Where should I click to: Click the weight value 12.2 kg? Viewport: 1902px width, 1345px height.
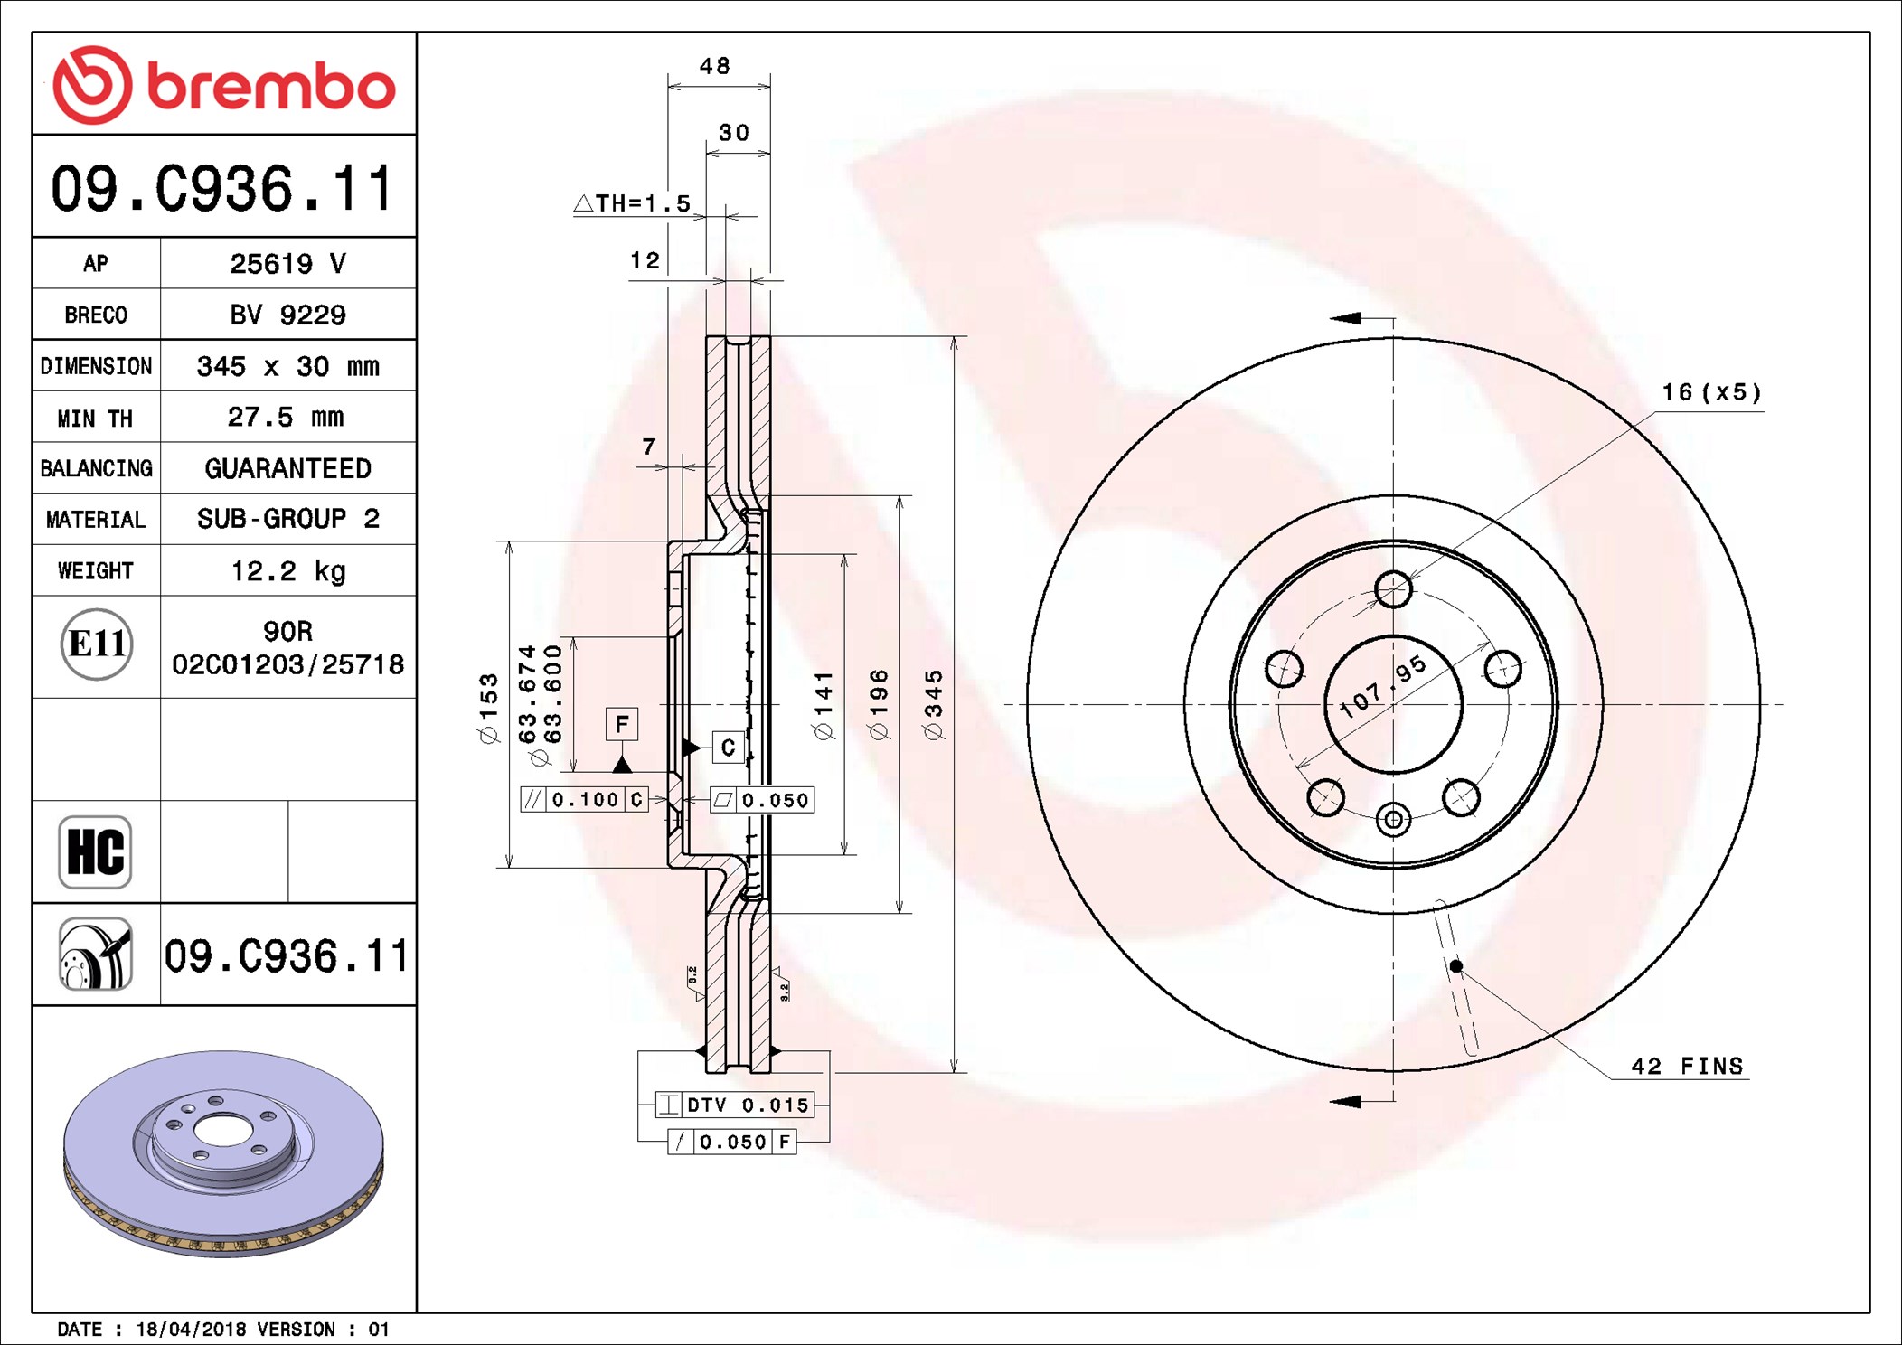point(287,570)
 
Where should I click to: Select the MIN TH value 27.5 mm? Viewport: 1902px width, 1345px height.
point(286,417)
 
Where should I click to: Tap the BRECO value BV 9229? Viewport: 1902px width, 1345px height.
point(287,315)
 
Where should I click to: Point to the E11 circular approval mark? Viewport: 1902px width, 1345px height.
point(97,644)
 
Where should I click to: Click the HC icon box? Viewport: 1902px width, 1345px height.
point(95,851)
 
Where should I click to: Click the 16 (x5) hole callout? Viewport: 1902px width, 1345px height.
point(1711,392)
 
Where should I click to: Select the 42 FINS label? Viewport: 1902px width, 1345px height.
point(1686,1066)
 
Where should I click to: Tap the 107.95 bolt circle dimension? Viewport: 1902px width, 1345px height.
point(1382,686)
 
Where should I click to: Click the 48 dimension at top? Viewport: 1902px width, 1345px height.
point(715,66)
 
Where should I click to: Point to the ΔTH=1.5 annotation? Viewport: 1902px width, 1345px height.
point(633,203)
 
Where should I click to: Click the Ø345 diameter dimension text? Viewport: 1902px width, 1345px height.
point(934,705)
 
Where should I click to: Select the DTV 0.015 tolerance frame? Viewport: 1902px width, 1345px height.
point(734,1105)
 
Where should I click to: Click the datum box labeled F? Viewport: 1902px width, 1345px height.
point(622,724)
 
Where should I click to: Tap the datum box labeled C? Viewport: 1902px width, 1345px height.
point(728,748)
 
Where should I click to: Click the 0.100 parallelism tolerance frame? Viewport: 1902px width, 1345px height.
point(584,800)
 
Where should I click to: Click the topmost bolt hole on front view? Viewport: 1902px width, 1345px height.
point(1393,590)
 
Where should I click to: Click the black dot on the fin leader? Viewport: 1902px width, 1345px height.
point(1456,966)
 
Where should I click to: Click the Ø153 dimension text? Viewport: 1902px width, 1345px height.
point(488,708)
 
